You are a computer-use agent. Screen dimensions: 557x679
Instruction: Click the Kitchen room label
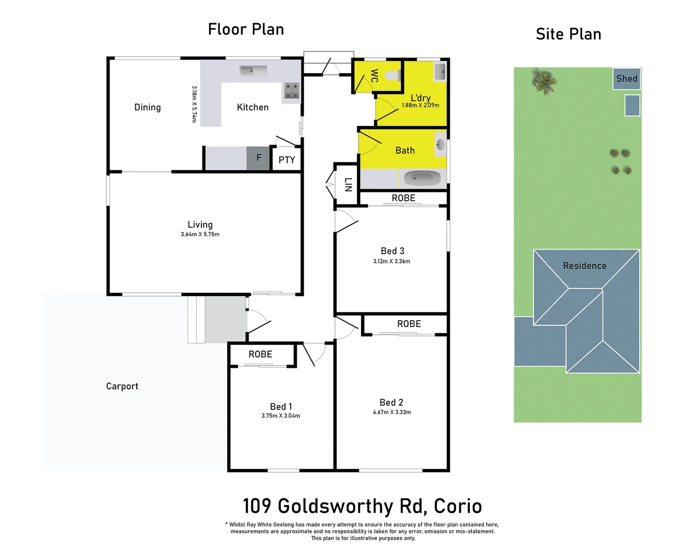tap(252, 107)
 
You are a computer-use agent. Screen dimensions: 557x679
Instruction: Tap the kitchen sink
tap(253, 71)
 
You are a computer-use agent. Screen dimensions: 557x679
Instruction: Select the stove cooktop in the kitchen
tap(292, 91)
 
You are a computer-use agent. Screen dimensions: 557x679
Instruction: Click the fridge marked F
tap(258, 158)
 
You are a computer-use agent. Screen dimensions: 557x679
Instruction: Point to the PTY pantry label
tap(287, 160)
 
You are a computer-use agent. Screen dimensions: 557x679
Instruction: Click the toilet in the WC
tap(393, 76)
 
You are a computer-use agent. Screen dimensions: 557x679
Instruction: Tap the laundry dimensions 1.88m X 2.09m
tap(420, 105)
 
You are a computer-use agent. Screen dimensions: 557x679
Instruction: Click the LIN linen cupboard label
tap(348, 185)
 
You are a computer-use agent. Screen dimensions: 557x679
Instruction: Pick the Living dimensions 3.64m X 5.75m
tap(200, 234)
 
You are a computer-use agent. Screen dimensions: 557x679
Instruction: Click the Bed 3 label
tap(392, 251)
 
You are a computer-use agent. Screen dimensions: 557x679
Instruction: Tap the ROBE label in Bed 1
tap(260, 354)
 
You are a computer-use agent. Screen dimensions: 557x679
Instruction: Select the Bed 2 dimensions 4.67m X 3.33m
tap(392, 412)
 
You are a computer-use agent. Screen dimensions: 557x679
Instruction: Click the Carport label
tap(122, 386)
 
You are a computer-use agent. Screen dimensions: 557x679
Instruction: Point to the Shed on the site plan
tap(626, 79)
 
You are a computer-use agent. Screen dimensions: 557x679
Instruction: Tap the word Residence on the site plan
tap(585, 266)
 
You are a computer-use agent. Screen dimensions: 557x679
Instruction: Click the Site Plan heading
tap(569, 34)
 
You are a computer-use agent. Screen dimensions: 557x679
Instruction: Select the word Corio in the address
tap(457, 506)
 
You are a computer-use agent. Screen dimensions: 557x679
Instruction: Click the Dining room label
tap(148, 107)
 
